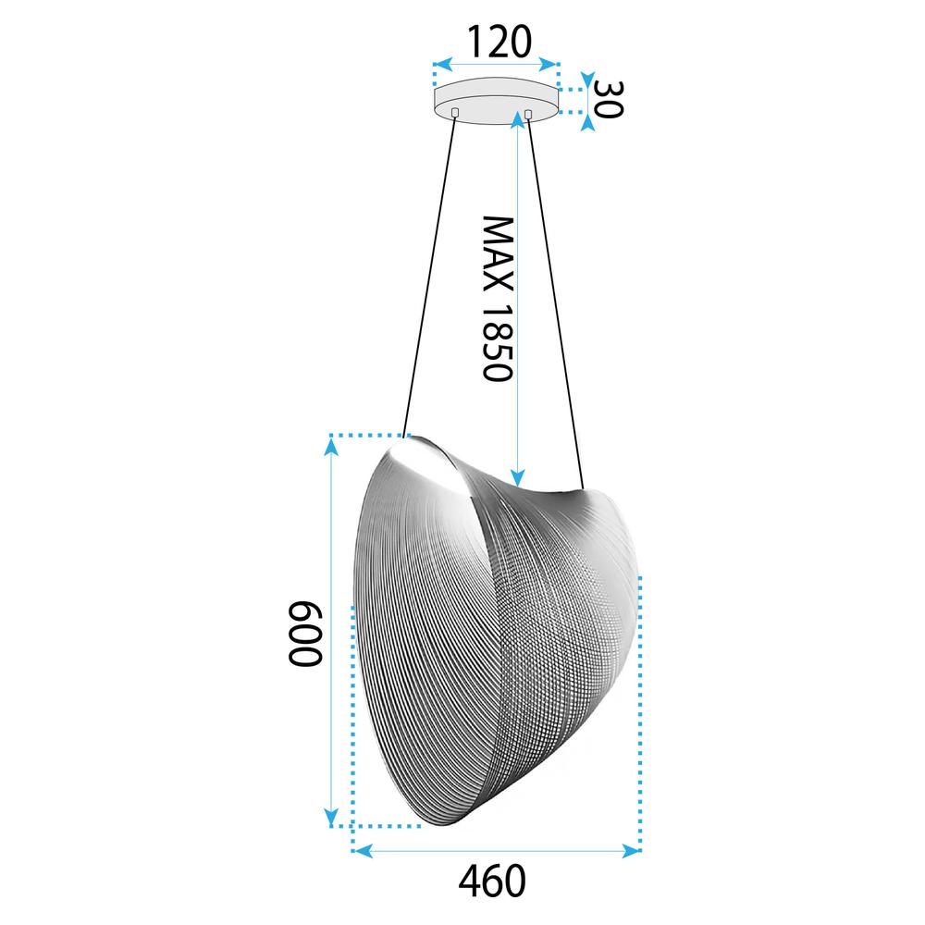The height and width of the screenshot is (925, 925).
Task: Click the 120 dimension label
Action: coord(497,41)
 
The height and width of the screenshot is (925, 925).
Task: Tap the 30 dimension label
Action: coord(608,98)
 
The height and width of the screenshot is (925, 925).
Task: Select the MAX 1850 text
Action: coord(498,299)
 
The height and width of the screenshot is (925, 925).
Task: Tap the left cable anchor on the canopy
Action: coord(455,112)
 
